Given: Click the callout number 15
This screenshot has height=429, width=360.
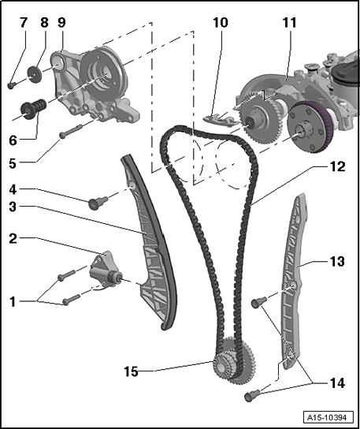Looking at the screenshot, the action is point(132,371).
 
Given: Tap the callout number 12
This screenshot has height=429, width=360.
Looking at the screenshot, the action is point(338,166).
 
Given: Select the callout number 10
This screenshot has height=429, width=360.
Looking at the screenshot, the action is point(220,22).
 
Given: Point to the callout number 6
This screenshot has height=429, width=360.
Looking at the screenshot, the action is point(13,140).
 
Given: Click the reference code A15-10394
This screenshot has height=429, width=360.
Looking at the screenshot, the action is point(328,418).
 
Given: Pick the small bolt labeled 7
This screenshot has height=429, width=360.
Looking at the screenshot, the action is point(11,86).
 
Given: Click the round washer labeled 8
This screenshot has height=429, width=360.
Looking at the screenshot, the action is point(35,73).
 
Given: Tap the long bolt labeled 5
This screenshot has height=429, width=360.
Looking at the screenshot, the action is point(70,131).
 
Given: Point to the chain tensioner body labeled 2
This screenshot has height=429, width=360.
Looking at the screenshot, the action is point(105,270).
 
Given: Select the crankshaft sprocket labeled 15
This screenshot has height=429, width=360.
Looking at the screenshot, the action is point(235,360).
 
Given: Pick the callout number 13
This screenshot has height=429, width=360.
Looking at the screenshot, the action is point(337,261).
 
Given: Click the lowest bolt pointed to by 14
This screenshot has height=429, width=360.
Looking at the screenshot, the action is point(251,396).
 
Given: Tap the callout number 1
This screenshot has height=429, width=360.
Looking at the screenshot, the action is point(13,302).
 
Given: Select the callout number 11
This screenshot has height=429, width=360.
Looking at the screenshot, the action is point(289,22).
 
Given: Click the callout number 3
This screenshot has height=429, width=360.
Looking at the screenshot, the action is point(13,207).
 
